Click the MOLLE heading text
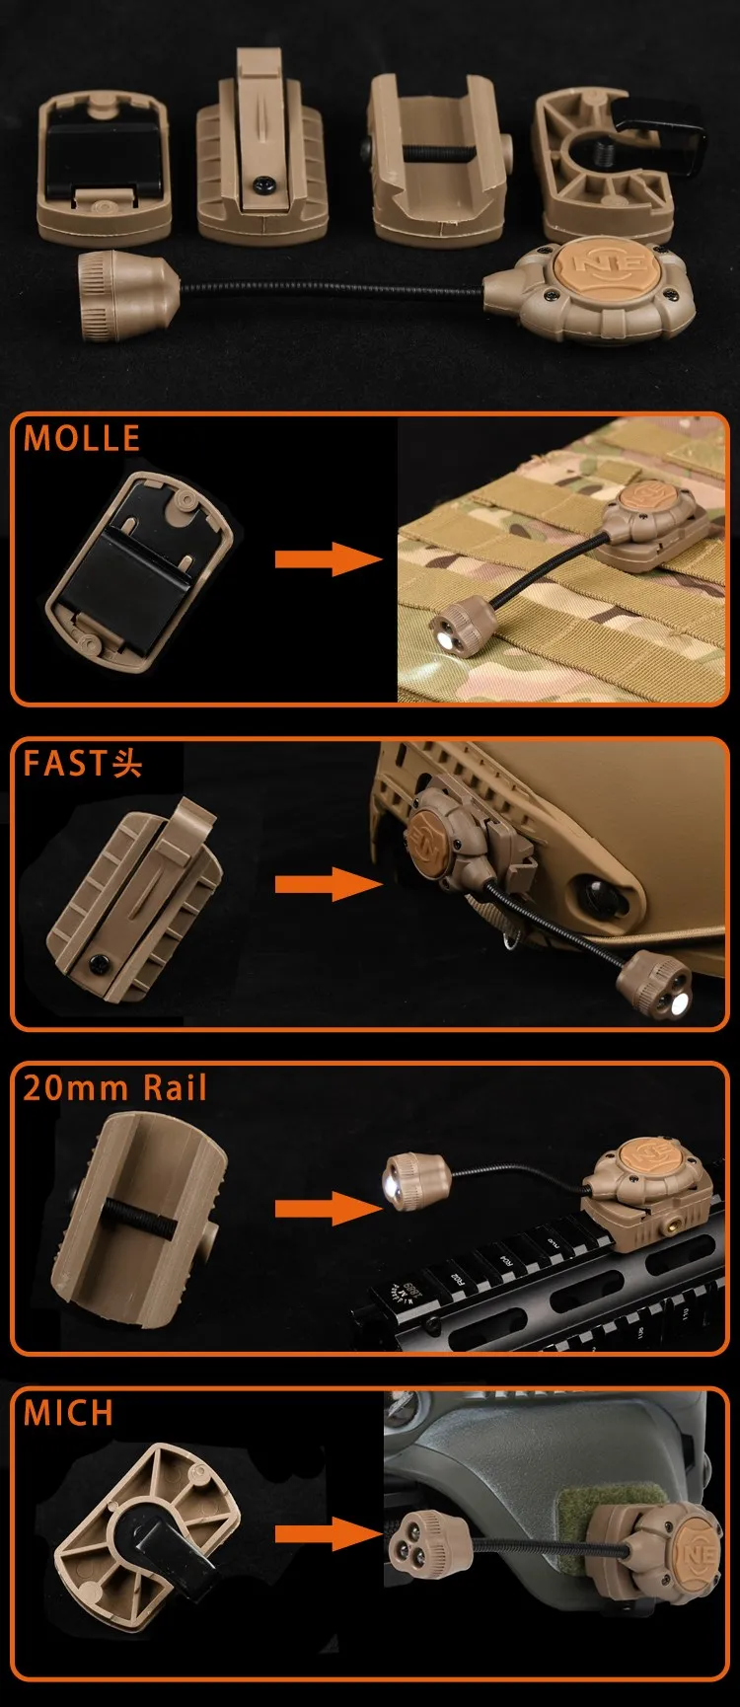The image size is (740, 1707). [82, 438]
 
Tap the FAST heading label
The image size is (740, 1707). [82, 763]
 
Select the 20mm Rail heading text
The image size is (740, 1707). [115, 1087]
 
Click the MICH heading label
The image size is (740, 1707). [68, 1413]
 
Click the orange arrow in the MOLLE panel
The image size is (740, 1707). [329, 559]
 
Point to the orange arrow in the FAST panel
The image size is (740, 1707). [329, 883]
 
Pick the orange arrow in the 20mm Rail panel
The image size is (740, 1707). [329, 1209]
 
